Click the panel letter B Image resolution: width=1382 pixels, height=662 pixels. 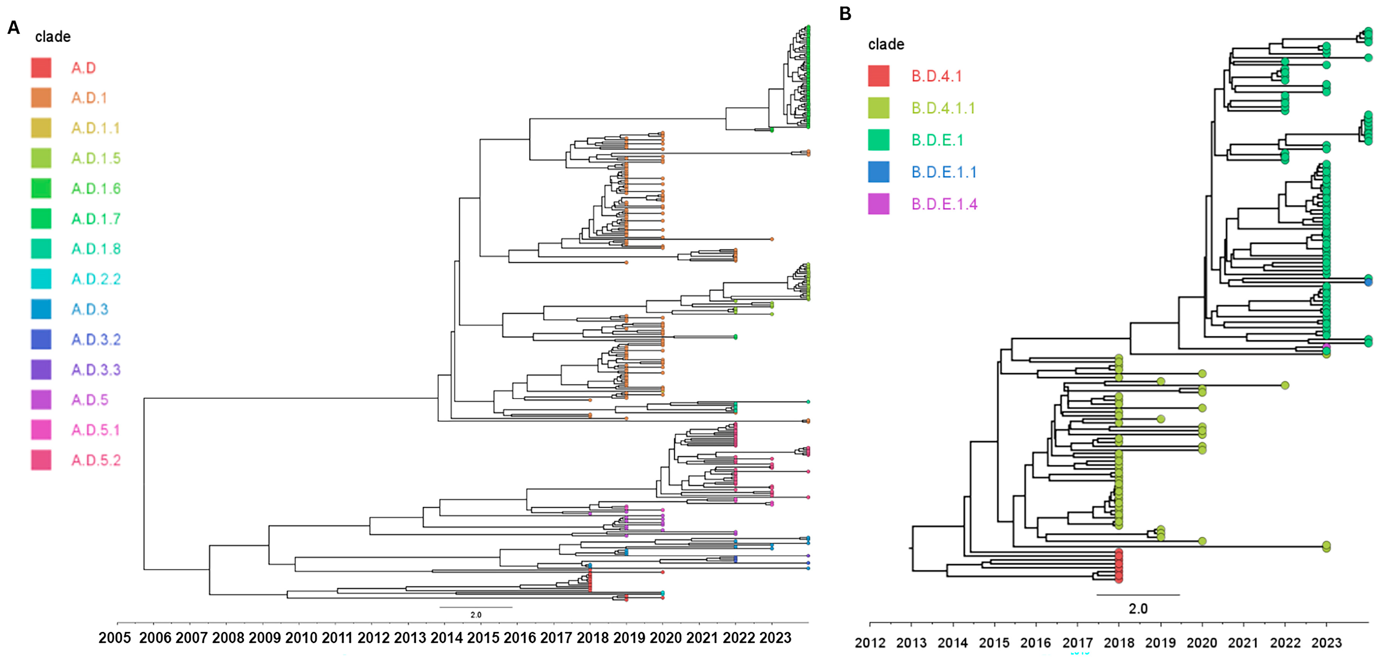[x=845, y=13]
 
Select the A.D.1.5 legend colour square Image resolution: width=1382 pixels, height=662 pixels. [x=41, y=158]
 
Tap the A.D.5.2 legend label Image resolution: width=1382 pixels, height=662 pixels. [x=96, y=460]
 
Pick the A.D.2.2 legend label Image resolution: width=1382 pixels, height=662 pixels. [x=96, y=279]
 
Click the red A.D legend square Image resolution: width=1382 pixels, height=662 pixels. [x=41, y=68]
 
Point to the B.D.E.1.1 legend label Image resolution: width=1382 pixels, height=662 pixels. [x=944, y=172]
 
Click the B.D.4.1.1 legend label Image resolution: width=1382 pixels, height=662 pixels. [x=943, y=108]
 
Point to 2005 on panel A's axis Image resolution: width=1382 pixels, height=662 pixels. [x=114, y=638]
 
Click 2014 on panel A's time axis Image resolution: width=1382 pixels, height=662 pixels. [x=446, y=638]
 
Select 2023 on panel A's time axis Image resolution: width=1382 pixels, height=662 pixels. [x=775, y=638]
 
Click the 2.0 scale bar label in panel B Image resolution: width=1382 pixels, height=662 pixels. [x=1138, y=609]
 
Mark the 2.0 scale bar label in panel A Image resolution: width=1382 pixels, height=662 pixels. [x=476, y=615]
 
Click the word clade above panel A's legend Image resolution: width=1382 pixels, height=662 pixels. [x=53, y=37]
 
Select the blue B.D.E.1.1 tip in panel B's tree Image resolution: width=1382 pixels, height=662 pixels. [x=1368, y=282]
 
